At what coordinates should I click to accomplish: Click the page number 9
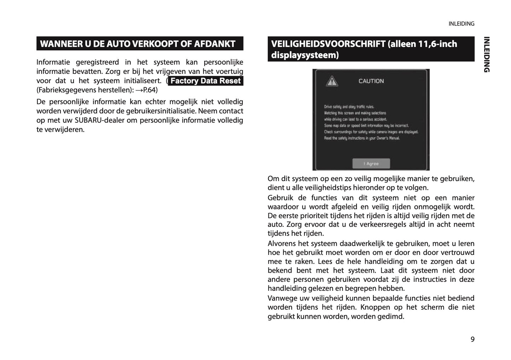coord(472,339)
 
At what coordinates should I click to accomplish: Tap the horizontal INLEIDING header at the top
coord(461,24)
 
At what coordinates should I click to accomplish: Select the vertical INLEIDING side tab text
coord(487,54)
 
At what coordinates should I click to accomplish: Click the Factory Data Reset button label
coord(205,81)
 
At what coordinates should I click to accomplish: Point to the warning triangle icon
coord(331,81)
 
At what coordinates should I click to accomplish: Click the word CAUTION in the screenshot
coord(371,81)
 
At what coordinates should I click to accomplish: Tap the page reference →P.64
coord(147,90)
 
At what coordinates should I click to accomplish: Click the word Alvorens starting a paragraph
coord(281,243)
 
